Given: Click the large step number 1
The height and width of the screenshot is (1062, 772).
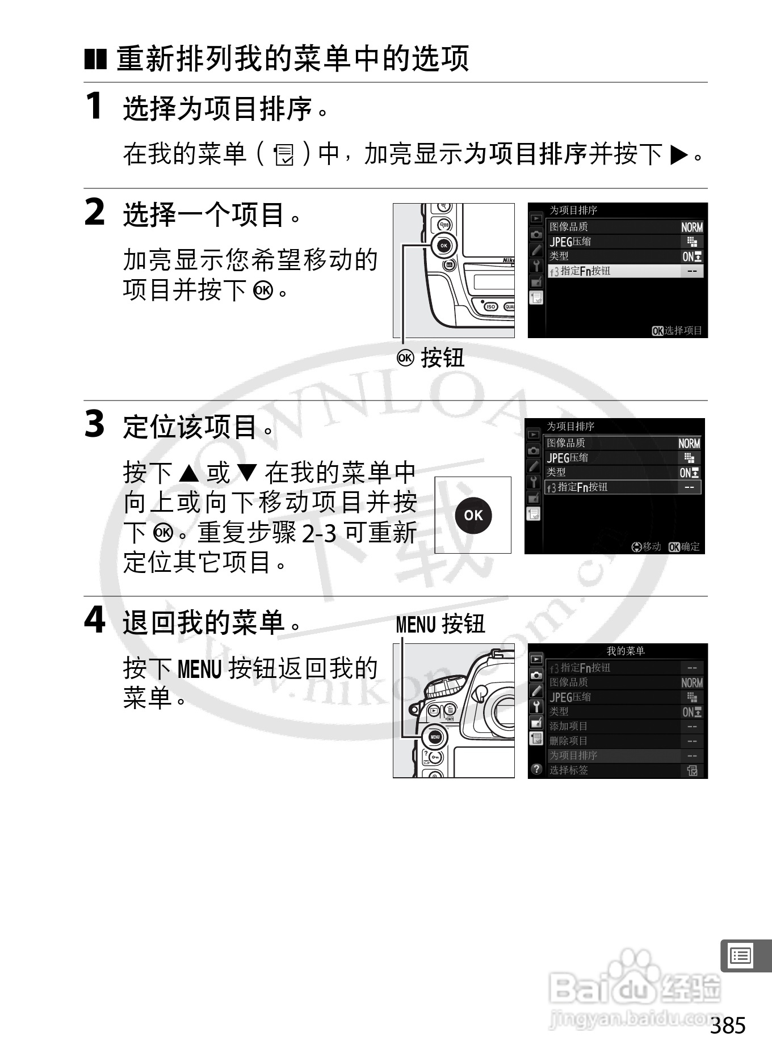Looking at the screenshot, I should click(x=94, y=106).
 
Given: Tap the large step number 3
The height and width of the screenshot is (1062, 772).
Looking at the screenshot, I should click(x=95, y=424).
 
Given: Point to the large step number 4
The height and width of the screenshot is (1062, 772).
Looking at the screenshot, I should click(x=95, y=619).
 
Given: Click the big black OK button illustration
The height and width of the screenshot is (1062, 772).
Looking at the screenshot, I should click(x=473, y=515).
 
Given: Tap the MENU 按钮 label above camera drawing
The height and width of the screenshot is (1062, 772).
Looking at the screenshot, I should click(x=440, y=624).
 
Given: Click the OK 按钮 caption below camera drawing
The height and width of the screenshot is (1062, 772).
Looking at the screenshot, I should click(x=431, y=358).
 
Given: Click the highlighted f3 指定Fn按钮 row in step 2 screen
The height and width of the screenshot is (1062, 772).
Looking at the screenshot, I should click(x=624, y=271).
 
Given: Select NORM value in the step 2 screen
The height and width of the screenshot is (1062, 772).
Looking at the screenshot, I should click(x=691, y=227).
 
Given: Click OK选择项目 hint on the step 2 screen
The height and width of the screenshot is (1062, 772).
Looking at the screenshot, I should click(x=677, y=330).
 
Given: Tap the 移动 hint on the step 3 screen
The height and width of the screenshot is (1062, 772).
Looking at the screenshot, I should click(x=647, y=547).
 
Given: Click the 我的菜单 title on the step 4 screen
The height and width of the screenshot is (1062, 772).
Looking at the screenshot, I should click(x=626, y=651).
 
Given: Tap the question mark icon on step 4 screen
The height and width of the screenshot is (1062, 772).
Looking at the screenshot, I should click(x=536, y=770).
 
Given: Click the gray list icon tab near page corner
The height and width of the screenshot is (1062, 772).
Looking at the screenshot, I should click(x=741, y=956).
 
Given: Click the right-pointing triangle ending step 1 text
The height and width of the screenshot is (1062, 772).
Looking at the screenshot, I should click(x=679, y=154).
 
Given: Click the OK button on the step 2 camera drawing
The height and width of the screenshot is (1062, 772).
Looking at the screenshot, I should click(x=444, y=246).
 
